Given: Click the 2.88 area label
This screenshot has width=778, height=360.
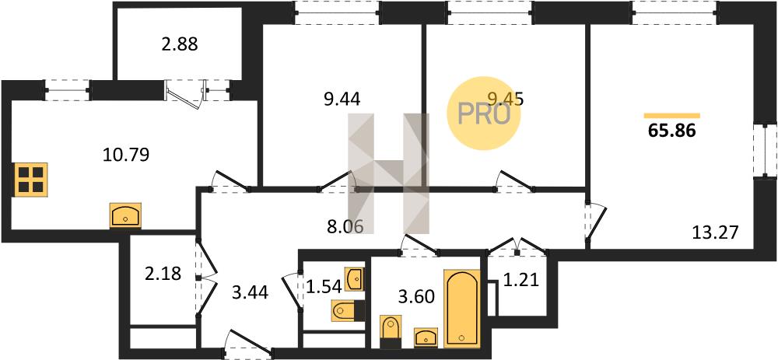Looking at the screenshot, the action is [180, 44].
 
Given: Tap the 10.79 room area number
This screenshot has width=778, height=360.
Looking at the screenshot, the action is [126, 156].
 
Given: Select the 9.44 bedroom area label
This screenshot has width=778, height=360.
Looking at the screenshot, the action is [342, 100].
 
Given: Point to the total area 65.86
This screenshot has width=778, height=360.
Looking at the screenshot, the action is [672, 131].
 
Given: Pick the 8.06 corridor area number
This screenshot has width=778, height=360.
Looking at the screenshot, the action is [346, 226].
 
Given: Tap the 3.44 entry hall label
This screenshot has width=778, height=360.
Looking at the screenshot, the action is [250, 294].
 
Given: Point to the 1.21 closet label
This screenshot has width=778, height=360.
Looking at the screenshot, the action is [520, 281].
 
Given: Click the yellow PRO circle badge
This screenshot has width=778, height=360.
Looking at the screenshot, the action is [483, 114].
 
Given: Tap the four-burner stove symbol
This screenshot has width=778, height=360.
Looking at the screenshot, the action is [31, 180].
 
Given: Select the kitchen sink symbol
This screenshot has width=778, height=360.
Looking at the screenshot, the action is [125, 215].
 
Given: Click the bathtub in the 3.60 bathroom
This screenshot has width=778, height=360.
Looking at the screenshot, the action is [462, 308].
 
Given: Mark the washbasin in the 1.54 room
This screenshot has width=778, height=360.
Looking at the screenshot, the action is [354, 280].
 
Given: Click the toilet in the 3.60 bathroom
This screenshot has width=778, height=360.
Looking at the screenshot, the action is [390, 330].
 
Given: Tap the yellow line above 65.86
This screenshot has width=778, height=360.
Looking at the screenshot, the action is [672, 116].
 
